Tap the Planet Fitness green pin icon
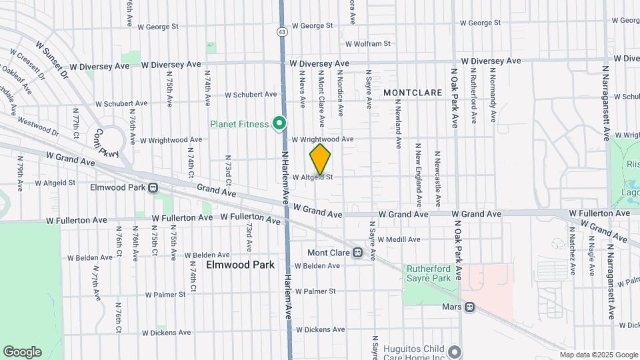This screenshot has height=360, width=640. [x=279, y=123]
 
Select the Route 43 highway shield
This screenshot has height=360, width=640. [x=282, y=31]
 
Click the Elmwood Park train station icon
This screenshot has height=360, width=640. [x=153, y=188]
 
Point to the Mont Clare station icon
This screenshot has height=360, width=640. [x=357, y=253]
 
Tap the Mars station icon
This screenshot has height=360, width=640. [x=469, y=307]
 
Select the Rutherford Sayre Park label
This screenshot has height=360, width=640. [x=429, y=273]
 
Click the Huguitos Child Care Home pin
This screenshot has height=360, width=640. [x=455, y=351]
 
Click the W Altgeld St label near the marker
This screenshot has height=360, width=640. [x=312, y=177]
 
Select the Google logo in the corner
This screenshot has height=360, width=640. [x=22, y=352]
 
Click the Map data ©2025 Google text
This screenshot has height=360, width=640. [x=598, y=355]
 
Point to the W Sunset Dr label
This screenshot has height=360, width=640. [x=52, y=58]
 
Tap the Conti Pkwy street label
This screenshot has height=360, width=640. [x=107, y=143]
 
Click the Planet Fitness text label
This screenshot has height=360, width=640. [x=239, y=124]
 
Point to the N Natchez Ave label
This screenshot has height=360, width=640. [x=572, y=245]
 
